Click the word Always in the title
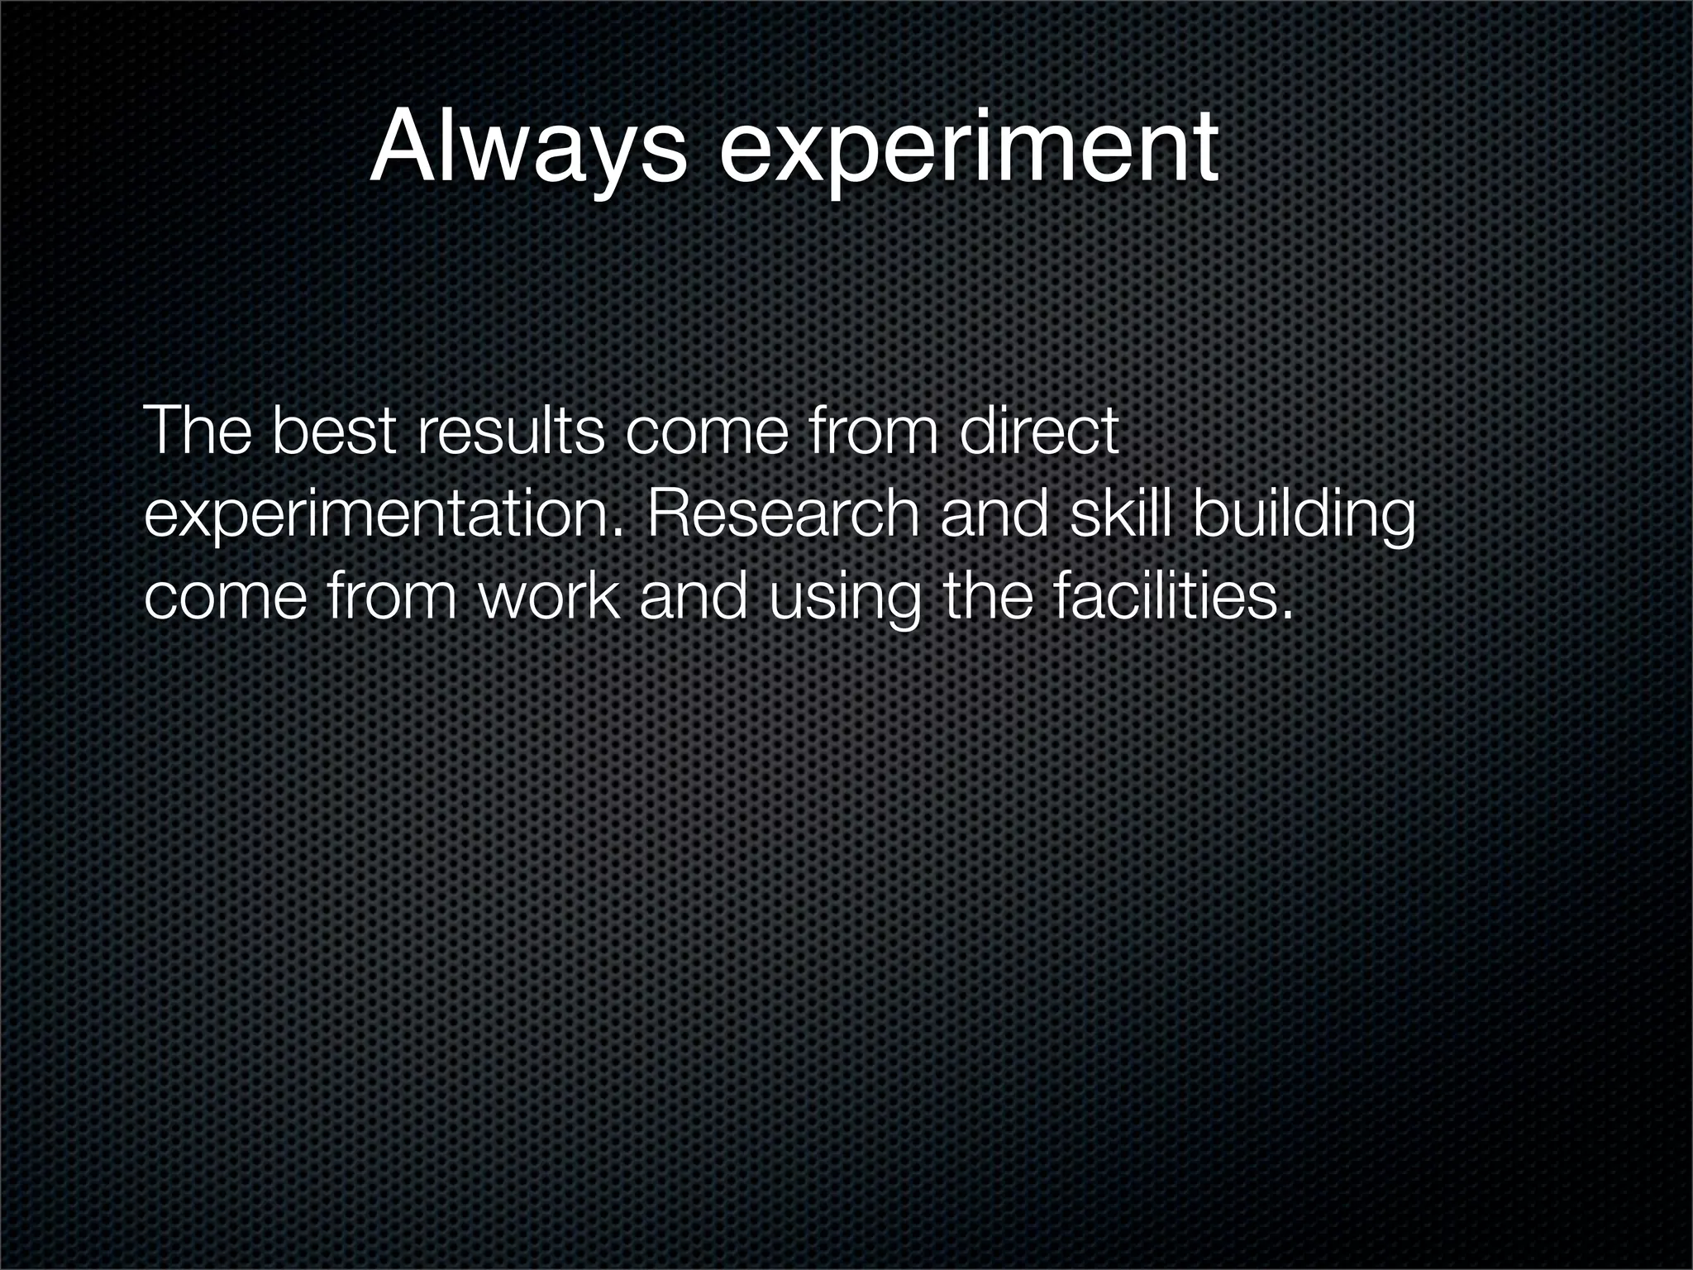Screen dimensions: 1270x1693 (527, 149)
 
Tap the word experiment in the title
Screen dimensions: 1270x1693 (968, 149)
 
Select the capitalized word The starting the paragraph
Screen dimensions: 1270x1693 (197, 432)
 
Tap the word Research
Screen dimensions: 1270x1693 (782, 514)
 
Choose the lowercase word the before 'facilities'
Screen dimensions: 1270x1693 (988, 598)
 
